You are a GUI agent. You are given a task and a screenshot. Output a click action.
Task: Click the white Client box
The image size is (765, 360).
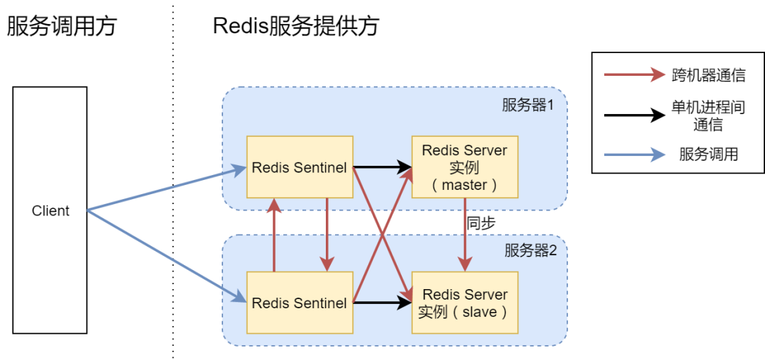point(50,210)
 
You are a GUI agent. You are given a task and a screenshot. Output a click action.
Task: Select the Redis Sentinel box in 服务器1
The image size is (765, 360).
point(300,167)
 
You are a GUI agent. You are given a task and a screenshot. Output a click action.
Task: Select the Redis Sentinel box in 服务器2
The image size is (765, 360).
point(300,303)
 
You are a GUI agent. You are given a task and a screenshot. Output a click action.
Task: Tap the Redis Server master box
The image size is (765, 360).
point(465,167)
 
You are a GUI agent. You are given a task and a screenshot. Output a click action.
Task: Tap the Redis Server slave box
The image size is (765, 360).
point(465,303)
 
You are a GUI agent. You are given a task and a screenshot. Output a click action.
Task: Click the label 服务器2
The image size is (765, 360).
point(531,250)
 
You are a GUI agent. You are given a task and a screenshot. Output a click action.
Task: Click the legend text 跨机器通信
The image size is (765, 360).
point(708,75)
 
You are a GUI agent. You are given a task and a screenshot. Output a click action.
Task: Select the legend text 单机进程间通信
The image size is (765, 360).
point(708,116)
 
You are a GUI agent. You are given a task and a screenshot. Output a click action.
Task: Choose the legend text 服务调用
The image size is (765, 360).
point(708,154)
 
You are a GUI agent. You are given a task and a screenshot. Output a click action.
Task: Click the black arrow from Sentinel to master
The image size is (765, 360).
point(382,168)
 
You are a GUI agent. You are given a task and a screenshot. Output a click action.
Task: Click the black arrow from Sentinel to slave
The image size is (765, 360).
point(382,303)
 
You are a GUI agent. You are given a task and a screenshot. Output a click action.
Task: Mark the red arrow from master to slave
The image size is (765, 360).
point(465,234)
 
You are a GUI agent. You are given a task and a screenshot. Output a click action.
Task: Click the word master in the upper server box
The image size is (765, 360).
point(465,185)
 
